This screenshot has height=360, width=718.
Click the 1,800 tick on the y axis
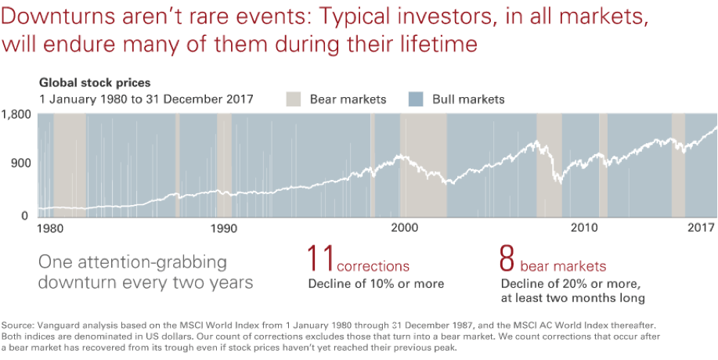pyautogui.click(x=16, y=114)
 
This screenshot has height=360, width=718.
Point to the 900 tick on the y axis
pyautogui.click(x=20, y=164)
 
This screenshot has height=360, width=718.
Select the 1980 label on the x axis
pyautogui.click(x=51, y=229)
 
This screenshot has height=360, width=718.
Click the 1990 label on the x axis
pyautogui.click(x=225, y=229)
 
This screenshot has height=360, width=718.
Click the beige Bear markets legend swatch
pyautogui.click(x=293, y=99)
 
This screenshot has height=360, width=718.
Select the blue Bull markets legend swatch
pyautogui.click(x=417, y=99)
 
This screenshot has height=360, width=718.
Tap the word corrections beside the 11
pyautogui.click(x=373, y=266)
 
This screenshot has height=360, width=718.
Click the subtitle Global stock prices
pyautogui.click(x=95, y=82)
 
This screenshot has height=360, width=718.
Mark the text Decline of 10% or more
pyautogui.click(x=376, y=283)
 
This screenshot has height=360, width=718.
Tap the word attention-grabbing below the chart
pyautogui.click(x=143, y=261)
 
